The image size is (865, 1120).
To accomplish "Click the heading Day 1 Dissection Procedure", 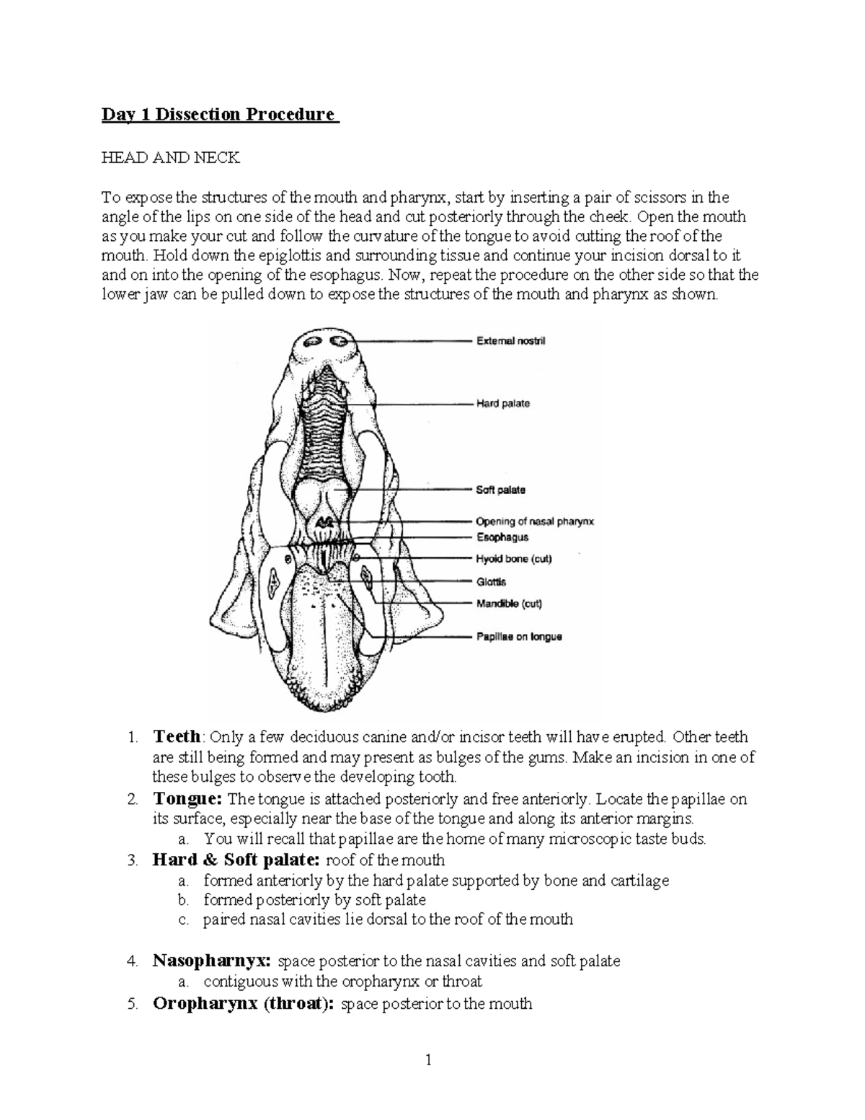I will pyautogui.click(x=219, y=115).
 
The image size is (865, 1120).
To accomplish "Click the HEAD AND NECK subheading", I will pyautogui.click(x=169, y=158).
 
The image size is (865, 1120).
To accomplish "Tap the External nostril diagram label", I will pyautogui.click(x=510, y=340).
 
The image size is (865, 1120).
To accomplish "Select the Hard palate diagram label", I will pyautogui.click(x=502, y=404).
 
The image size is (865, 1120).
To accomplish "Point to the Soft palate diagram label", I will pyautogui.click(x=500, y=490).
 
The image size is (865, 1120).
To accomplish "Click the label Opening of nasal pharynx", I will pyautogui.click(x=534, y=521).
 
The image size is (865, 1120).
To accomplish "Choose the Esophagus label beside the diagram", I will pyautogui.click(x=502, y=537).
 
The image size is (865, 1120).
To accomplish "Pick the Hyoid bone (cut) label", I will pyautogui.click(x=514, y=559).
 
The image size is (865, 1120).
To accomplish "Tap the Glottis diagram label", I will pyautogui.click(x=491, y=582).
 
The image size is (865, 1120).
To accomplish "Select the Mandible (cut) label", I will pyautogui.click(x=509, y=604).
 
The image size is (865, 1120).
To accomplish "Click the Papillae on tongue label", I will pyautogui.click(x=518, y=637).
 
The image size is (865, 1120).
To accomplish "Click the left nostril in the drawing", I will pyautogui.click(x=314, y=342).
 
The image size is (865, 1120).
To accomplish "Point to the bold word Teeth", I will pyautogui.click(x=177, y=737).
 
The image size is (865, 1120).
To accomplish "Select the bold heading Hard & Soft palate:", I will pyautogui.click(x=237, y=860).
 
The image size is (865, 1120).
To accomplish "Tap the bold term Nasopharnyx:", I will pyautogui.click(x=213, y=961).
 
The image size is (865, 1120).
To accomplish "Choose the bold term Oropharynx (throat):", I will pyautogui.click(x=244, y=1004).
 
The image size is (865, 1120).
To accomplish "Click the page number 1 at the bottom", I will pyautogui.click(x=429, y=1059).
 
